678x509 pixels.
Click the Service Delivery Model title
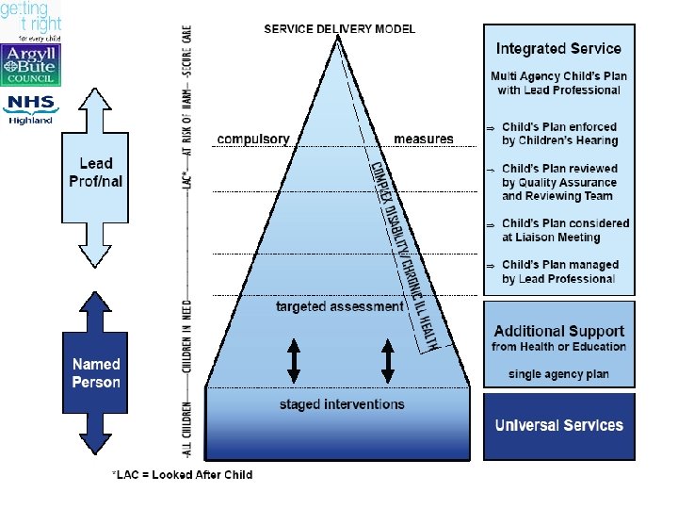click(339, 28)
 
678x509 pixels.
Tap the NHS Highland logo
click(30, 107)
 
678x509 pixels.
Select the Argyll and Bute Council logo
click(30, 67)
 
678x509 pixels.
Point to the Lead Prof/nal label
click(96, 172)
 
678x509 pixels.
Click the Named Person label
click(96, 372)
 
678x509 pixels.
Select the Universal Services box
click(559, 425)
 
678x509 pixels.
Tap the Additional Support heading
click(559, 331)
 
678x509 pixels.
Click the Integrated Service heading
click(559, 48)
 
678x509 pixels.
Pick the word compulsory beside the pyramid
click(253, 140)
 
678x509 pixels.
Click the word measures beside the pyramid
click(423, 140)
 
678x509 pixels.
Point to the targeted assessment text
click(339, 306)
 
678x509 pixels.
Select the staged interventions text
click(342, 404)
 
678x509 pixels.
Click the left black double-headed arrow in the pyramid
click(294, 360)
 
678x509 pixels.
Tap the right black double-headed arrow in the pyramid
click(388, 360)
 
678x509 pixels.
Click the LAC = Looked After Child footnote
click(182, 474)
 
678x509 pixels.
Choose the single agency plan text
click(558, 374)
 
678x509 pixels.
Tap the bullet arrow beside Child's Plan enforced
click(490, 127)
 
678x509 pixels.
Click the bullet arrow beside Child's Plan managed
click(490, 266)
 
